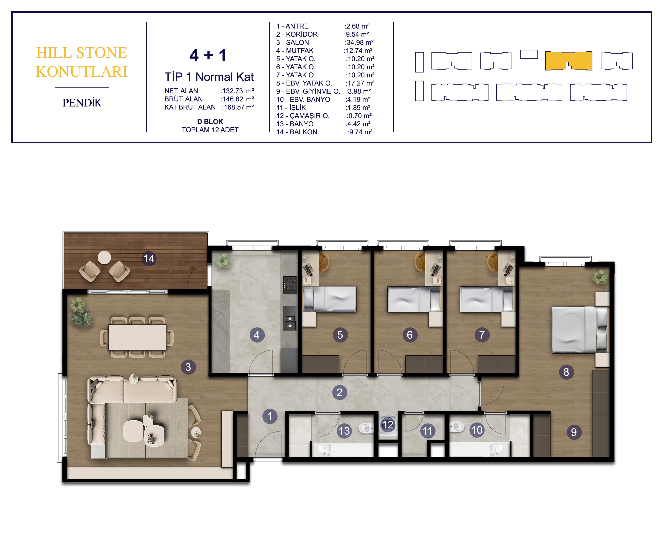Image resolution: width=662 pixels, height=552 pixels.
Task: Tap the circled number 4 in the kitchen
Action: pyautogui.click(x=257, y=335)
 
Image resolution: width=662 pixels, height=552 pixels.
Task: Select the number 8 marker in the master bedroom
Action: pyautogui.click(x=566, y=372)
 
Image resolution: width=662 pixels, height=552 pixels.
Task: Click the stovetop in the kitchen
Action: pyautogui.click(x=290, y=285)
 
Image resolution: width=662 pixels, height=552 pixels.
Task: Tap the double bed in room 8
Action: pyautogui.click(x=579, y=330)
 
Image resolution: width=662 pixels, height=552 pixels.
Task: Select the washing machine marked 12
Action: pyautogui.click(x=388, y=425)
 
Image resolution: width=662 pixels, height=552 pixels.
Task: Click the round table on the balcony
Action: pyautogui.click(x=104, y=258)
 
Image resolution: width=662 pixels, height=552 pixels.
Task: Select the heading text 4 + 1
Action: pyautogui.click(x=208, y=55)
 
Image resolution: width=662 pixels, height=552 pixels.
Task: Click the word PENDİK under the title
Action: pyautogui.click(x=82, y=103)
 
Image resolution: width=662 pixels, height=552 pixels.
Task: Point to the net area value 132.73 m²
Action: pyautogui.click(x=237, y=91)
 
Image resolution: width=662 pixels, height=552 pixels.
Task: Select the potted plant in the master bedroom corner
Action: pyautogui.click(x=600, y=277)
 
